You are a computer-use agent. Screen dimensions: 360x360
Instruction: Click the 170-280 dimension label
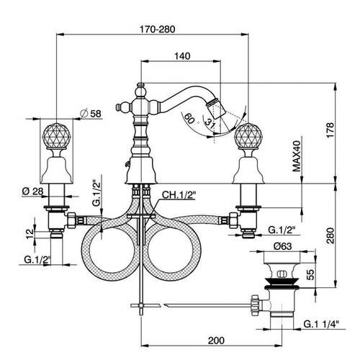pyautogui.click(x=158, y=30)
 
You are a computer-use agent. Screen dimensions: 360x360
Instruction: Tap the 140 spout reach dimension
pyautogui.click(x=182, y=56)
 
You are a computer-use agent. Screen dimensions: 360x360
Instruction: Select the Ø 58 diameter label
pyautogui.click(x=91, y=113)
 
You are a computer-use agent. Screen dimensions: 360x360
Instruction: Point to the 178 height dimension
pyautogui.click(x=330, y=130)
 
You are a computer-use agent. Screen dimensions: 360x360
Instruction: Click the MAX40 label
pyautogui.click(x=297, y=156)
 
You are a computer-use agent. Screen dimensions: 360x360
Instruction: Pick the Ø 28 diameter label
pyautogui.click(x=32, y=192)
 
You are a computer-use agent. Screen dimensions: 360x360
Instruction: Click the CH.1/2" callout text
pyautogui.click(x=179, y=195)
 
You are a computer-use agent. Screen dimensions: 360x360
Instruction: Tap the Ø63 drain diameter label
pyautogui.click(x=283, y=246)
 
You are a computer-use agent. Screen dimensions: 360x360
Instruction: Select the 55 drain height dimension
pyautogui.click(x=310, y=275)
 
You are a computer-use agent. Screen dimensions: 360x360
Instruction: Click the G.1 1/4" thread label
pyautogui.click(x=321, y=324)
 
